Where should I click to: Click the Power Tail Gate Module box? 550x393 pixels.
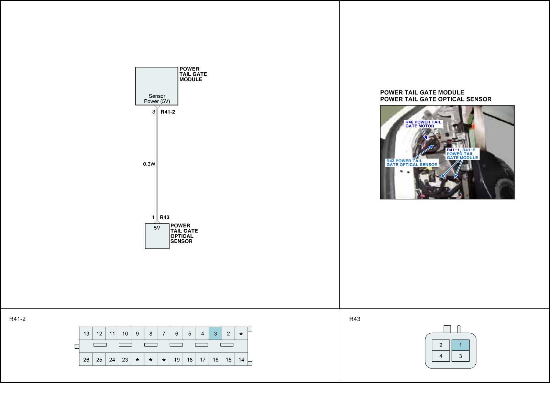pos(156,86)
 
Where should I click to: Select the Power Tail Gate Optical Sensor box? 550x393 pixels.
pos(157,236)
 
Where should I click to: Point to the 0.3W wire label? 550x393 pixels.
pos(149,164)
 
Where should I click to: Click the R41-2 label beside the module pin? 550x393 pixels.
pos(168,112)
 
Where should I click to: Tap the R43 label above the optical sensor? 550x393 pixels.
pos(165,217)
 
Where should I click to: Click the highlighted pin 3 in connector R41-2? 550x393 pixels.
pos(215,334)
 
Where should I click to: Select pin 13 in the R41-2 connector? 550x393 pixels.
pos(86,334)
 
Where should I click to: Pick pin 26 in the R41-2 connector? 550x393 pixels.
pos(86,360)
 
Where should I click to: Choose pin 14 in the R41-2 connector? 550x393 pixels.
pos(241,360)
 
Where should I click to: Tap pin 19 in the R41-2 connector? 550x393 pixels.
pos(177,360)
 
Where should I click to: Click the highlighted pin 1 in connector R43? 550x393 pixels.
pos(461,345)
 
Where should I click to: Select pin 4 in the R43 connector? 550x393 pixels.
pos(441,356)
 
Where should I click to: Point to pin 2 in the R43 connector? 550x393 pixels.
pos(441,345)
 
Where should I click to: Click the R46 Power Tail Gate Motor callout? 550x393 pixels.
pos(423,124)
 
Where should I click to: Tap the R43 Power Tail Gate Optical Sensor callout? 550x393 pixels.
pos(412,163)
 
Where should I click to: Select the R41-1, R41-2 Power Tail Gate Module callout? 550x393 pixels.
pos(462,154)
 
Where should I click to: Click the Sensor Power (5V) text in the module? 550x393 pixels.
pos(157,99)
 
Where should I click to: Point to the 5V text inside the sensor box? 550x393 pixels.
pos(157,228)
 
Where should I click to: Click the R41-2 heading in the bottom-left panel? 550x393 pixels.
pos(18,319)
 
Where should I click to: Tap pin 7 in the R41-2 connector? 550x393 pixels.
pos(164,334)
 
